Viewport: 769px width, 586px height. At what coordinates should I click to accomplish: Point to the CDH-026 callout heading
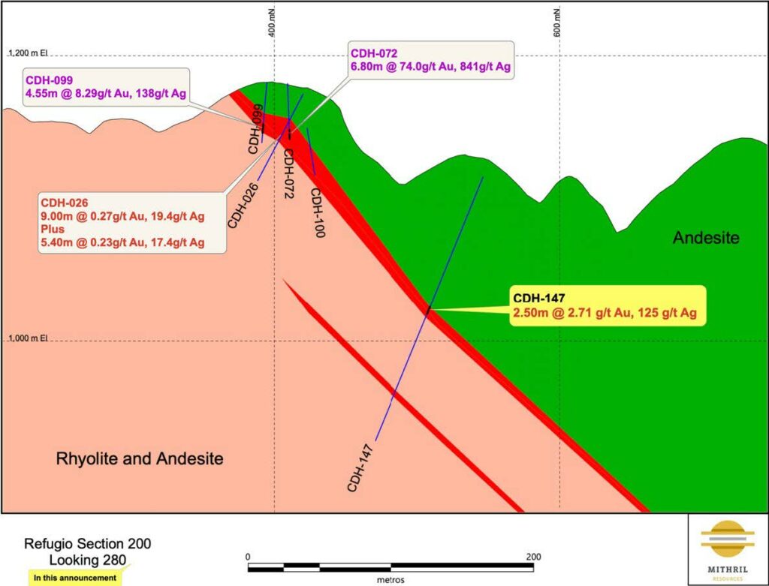(65, 202)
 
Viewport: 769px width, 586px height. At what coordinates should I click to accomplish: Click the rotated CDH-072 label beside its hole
(287, 173)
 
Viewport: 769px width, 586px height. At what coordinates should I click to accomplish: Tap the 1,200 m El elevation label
(28, 53)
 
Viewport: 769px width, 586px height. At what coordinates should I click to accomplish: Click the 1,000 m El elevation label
(28, 338)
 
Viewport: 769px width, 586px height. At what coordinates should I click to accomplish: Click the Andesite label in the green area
(706, 239)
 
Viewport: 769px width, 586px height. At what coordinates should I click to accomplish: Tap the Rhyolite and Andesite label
(140, 458)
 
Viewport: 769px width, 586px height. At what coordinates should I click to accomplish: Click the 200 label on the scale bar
(533, 557)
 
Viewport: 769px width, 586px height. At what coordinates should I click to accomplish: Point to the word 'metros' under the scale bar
(391, 580)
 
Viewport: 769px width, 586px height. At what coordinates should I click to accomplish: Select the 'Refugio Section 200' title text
(92, 544)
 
